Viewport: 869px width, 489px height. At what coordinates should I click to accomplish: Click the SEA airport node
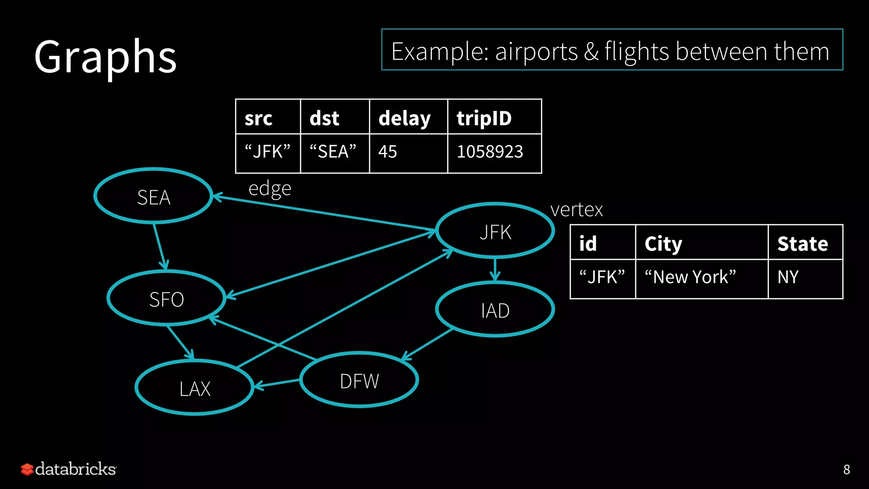point(153,196)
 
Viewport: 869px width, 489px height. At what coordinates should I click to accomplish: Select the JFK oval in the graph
point(495,231)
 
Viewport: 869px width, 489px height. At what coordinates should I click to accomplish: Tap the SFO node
point(166,299)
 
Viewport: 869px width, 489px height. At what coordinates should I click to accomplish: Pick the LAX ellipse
point(194,388)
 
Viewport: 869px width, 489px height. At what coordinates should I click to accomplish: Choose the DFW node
point(359,380)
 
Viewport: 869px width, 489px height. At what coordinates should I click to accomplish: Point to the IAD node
point(495,310)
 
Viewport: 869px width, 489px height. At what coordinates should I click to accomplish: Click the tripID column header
point(494,118)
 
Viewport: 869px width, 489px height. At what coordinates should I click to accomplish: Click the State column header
point(805,243)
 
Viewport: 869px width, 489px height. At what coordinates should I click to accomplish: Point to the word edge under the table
point(270,188)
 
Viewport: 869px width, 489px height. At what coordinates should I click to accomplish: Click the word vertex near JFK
point(576,210)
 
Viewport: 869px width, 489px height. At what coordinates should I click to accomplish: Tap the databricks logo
point(69,469)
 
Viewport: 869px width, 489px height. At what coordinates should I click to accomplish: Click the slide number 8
point(846,469)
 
